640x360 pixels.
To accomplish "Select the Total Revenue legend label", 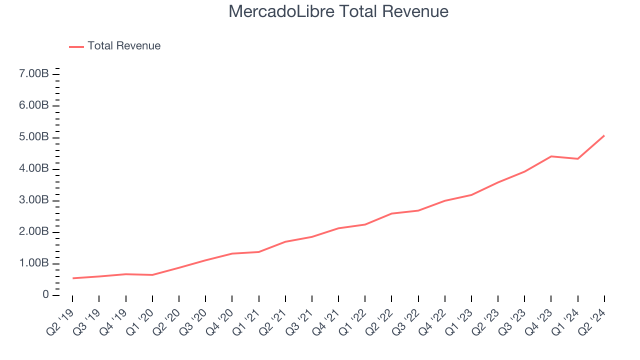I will coord(124,46).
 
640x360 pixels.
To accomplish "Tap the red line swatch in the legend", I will coord(76,46).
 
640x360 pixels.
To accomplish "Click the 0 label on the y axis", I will coord(45,295).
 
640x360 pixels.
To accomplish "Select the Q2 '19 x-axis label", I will coord(60,320).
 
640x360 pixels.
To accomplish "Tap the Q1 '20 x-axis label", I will coord(140,320).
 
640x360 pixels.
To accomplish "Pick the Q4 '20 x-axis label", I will coord(219,320).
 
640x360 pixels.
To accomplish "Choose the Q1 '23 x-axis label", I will coord(459,320).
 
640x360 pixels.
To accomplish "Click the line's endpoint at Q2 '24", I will coord(604,135).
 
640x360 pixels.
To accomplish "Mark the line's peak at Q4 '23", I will coord(551,156).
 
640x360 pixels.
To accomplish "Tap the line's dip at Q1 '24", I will coord(577,159).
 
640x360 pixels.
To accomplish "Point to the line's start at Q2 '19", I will coord(73,278).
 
